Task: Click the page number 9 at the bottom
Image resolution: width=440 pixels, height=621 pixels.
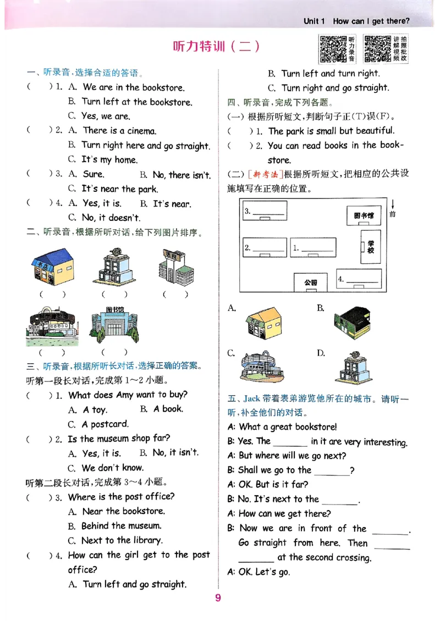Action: [218, 598]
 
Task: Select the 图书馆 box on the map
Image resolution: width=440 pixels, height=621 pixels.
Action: [364, 215]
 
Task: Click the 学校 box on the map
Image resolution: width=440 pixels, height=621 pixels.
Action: [371, 247]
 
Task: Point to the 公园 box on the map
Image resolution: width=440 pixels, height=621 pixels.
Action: [311, 282]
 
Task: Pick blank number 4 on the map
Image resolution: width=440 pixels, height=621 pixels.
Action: [358, 279]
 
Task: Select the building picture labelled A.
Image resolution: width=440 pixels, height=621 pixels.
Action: [263, 323]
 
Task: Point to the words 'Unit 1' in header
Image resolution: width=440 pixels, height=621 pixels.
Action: [315, 21]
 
